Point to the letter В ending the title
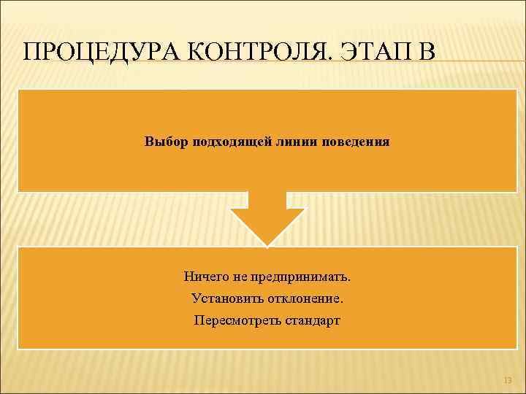coord(425,53)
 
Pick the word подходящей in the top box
coord(229,141)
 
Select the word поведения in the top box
coord(356,141)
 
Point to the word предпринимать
coord(300,277)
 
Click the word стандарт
coord(310,320)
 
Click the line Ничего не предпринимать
coord(267,277)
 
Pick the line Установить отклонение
coord(267,298)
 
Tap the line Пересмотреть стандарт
coord(267,320)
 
